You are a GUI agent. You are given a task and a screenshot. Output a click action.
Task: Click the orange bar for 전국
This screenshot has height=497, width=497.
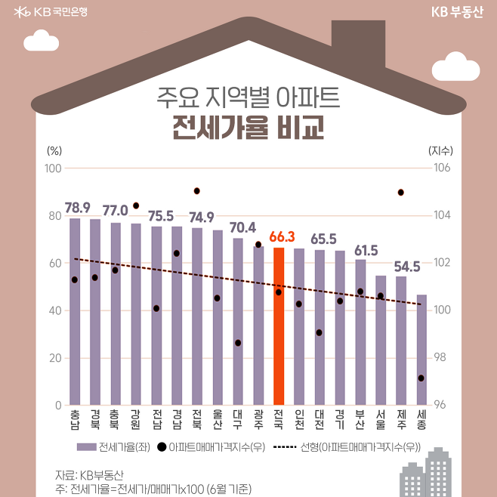(x=279, y=326)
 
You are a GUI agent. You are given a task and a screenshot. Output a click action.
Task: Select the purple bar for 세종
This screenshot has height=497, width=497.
(x=421, y=350)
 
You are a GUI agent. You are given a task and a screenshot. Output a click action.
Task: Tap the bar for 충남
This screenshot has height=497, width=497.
(x=75, y=311)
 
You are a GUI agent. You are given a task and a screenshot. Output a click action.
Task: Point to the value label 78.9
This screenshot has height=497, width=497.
(x=77, y=207)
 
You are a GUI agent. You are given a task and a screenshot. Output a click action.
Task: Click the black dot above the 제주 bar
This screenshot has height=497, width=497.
(x=401, y=193)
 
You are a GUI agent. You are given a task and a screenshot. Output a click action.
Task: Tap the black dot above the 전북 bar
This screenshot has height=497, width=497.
(x=197, y=191)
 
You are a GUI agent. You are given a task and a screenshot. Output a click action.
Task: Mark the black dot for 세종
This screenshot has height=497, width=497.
(x=421, y=378)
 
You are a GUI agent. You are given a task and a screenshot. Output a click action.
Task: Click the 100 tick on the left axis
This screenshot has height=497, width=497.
(x=53, y=168)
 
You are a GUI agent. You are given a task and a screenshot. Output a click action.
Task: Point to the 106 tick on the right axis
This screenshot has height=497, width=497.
(x=443, y=168)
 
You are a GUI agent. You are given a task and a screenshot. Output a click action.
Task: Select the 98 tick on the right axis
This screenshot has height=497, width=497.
(x=440, y=357)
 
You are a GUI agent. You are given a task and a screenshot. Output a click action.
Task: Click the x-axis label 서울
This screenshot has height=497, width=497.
(x=381, y=421)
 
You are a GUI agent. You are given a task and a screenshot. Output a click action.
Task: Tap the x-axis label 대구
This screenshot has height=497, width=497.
(x=238, y=421)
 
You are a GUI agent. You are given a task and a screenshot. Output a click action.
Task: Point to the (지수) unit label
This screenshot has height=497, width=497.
(x=440, y=150)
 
